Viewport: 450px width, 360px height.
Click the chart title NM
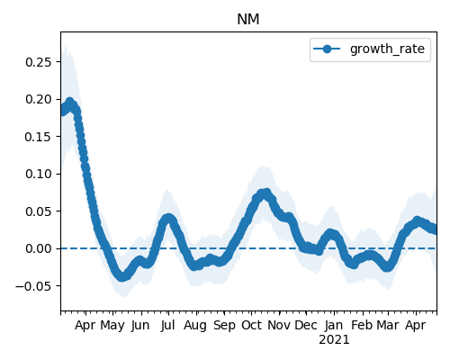pos(248,20)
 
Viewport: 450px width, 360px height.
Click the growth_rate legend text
pos(387,49)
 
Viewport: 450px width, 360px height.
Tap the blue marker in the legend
pos(327,49)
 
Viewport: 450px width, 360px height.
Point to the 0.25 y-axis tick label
pos(39,62)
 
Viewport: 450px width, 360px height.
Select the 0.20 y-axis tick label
pos(39,99)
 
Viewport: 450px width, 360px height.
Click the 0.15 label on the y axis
pos(39,137)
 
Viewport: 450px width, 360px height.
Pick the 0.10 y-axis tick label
pos(39,174)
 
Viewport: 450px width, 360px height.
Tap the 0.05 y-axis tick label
pos(39,211)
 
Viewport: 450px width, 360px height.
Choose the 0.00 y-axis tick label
pos(39,248)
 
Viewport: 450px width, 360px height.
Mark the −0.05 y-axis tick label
pos(34,286)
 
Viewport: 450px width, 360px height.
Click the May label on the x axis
pos(112,326)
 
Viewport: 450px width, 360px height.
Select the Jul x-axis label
pos(167,325)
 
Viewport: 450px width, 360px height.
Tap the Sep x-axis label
pos(224,326)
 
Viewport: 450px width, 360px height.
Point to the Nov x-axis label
pos(279,325)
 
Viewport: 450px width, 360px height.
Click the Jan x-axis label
pos(334,325)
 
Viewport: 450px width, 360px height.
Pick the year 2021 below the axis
pos(334,340)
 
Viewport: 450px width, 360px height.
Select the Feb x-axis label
pos(362,325)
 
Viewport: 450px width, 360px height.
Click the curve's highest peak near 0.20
pos(70,102)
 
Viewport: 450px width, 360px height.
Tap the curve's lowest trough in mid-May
pos(121,276)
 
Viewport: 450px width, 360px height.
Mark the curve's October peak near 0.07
pos(265,193)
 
